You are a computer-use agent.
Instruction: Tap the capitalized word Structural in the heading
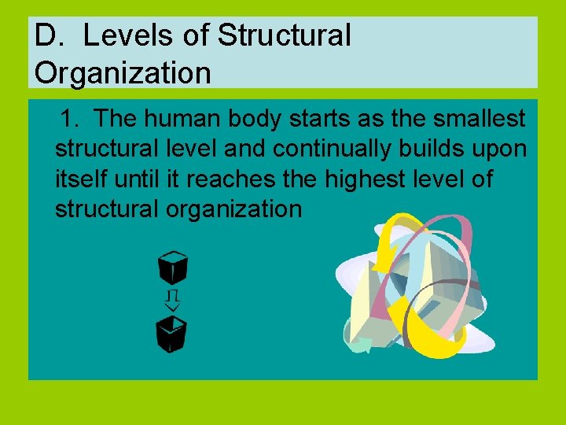[x=284, y=35]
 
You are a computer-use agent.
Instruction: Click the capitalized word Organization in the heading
[x=123, y=73]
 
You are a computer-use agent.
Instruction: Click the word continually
[x=334, y=149]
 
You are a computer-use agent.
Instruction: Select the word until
[x=144, y=179]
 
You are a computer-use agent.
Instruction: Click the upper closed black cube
[x=173, y=267]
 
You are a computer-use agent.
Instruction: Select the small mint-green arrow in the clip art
[x=361, y=344]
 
